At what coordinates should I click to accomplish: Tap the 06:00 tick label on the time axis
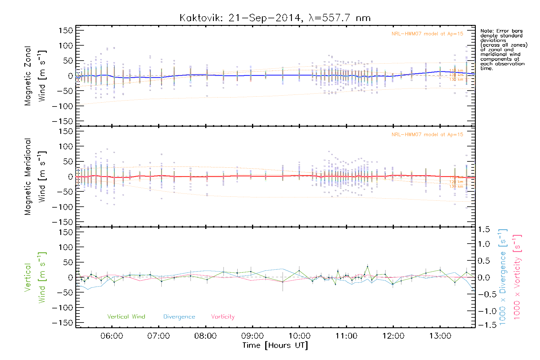coord(112,336)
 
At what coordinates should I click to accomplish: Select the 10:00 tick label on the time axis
coord(299,336)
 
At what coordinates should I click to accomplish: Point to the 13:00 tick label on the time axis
coord(440,336)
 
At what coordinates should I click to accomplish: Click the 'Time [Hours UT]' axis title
coord(275,345)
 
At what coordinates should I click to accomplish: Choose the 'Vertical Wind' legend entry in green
coord(126,317)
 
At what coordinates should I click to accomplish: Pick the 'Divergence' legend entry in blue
coord(179,317)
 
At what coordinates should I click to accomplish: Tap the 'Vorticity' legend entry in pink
coord(223,317)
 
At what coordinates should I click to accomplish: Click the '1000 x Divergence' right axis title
coord(503,277)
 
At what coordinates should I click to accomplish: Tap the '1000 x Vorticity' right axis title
coord(517,277)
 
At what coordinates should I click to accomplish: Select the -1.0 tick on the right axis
coord(483,311)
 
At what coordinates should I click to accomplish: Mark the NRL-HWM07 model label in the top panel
coord(427,34)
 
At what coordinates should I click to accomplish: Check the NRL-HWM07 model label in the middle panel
coord(427,135)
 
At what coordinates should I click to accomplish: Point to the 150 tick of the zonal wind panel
coord(66,31)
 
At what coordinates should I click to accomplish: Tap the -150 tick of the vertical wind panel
coord(63,323)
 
